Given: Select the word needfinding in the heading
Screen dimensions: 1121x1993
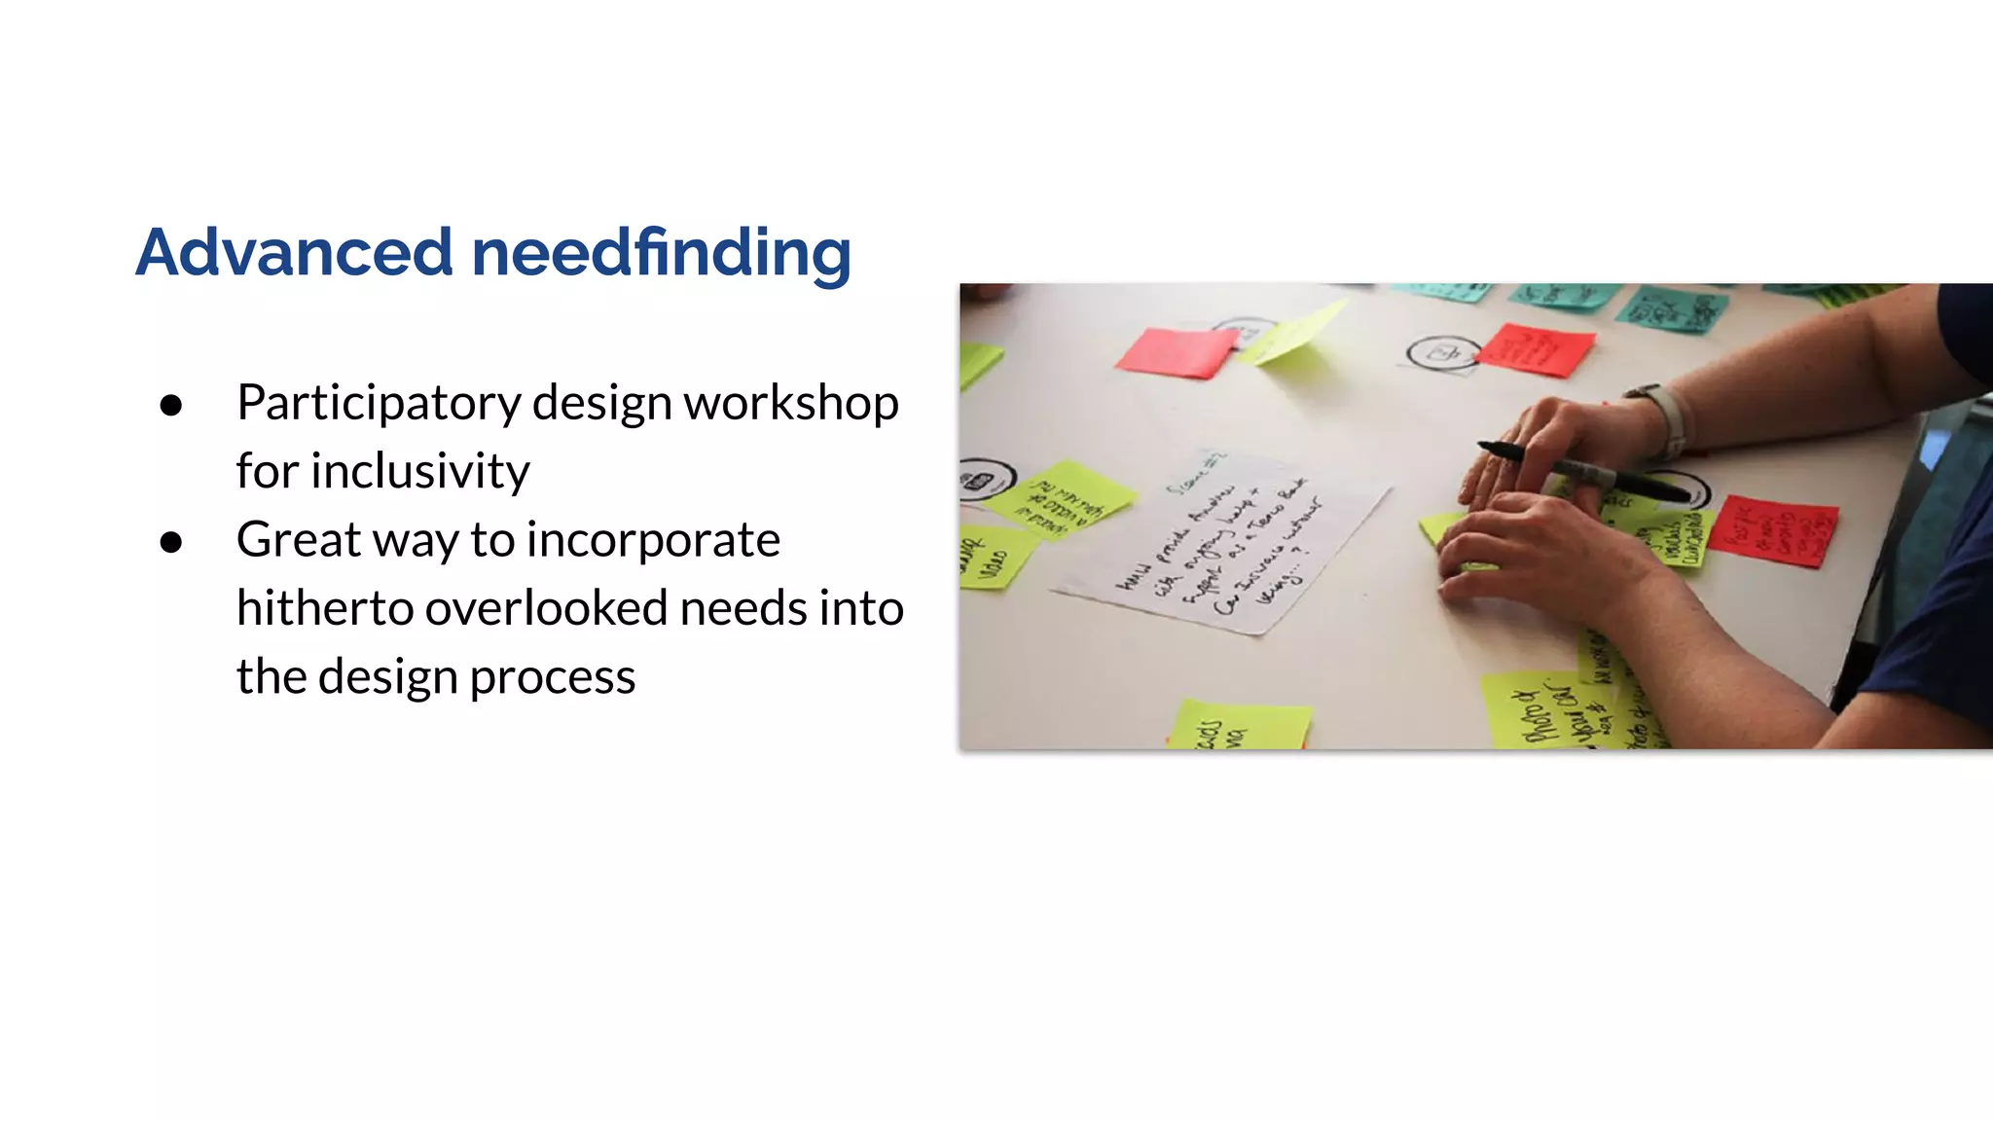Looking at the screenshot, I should [661, 252].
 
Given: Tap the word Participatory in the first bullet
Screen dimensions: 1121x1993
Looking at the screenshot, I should [379, 403].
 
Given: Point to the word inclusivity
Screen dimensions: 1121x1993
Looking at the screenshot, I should [419, 471].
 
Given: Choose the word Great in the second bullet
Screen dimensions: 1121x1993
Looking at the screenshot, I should [298, 539].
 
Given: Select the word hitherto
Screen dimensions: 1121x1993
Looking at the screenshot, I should [325, 608].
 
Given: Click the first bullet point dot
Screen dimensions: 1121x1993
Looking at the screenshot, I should [171, 405].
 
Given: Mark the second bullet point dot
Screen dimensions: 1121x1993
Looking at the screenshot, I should [171, 542].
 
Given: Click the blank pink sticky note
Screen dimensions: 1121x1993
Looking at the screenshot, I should [1178, 351].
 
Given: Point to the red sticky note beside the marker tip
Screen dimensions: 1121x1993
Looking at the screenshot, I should [1773, 531].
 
